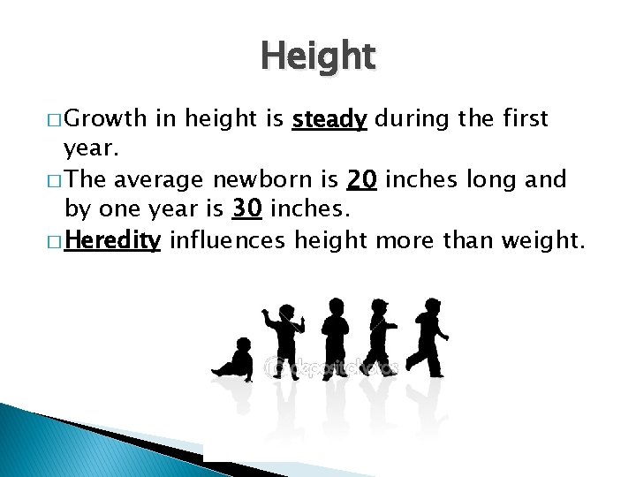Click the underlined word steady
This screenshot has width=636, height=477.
click(329, 119)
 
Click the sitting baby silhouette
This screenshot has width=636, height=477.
click(234, 360)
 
